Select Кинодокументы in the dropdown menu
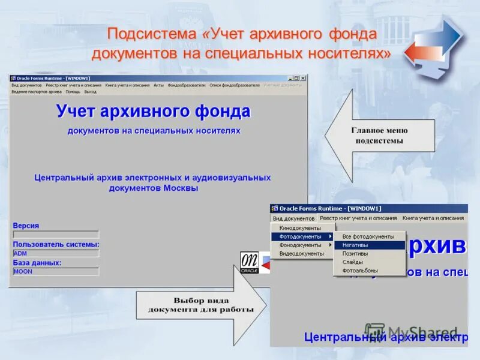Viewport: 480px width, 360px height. [x=301, y=228]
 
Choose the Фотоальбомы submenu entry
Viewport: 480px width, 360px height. [x=359, y=270]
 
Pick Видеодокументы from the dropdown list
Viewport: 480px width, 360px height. [x=302, y=253]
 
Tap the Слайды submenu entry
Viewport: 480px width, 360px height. [x=353, y=262]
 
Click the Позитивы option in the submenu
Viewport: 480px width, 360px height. [x=355, y=253]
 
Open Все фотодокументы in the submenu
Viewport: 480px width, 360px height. [x=368, y=236]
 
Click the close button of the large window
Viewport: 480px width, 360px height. [x=303, y=78]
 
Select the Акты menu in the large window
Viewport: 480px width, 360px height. [x=158, y=85]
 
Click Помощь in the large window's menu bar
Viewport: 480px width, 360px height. [x=73, y=92]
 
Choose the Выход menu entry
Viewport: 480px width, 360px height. [x=91, y=92]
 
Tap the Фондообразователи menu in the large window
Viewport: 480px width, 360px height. [x=187, y=85]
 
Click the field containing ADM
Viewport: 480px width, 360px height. [x=56, y=253]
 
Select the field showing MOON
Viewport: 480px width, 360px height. [x=56, y=272]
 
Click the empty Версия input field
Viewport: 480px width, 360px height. [x=56, y=235]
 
